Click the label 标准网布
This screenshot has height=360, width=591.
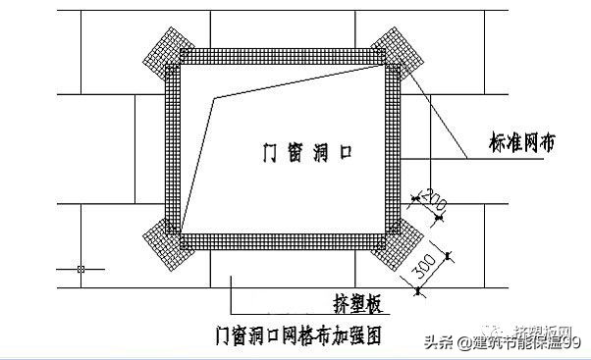[x=525, y=142]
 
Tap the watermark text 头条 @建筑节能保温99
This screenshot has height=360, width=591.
[x=502, y=340]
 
